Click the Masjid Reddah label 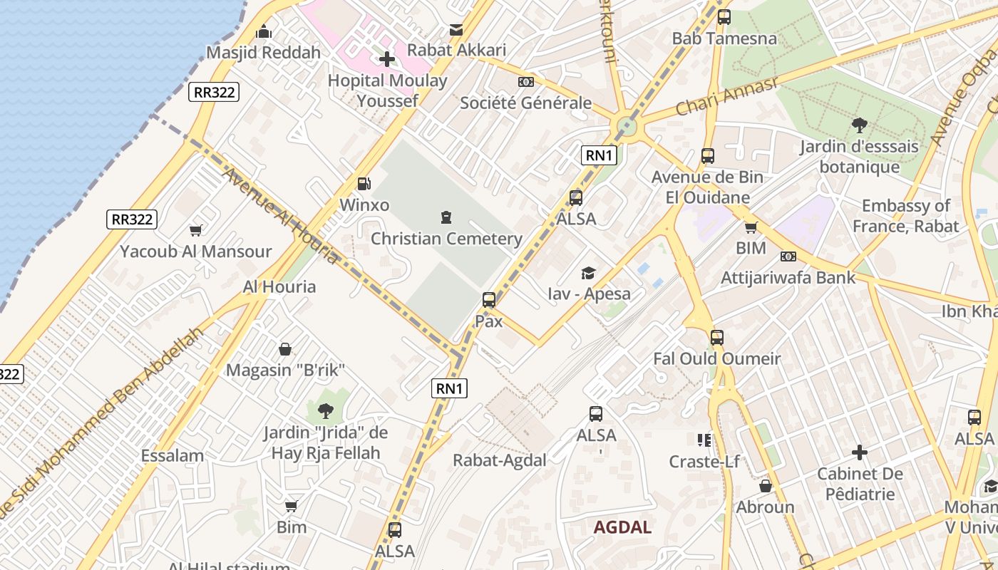point(263,53)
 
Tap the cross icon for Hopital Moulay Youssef point(387,59)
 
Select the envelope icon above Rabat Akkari point(456,30)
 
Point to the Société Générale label point(525,103)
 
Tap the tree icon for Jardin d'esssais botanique point(859,126)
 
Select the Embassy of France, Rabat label point(905,216)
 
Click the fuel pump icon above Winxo point(364,184)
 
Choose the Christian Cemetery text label point(446,239)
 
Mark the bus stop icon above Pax point(489,300)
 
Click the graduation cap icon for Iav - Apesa point(589,273)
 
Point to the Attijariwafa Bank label point(788,277)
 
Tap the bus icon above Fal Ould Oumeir point(717,338)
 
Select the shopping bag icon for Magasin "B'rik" point(285,349)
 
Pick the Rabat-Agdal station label point(500,460)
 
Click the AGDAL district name point(622,527)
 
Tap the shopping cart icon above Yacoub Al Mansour point(195,230)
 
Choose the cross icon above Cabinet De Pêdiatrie point(860,452)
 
